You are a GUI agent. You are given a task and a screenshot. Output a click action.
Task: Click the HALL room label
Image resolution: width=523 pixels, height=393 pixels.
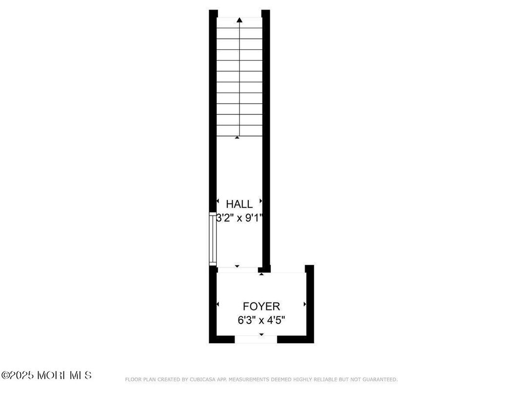tap(239, 204)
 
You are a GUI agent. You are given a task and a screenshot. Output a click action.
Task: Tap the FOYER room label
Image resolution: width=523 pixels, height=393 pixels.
tap(261, 306)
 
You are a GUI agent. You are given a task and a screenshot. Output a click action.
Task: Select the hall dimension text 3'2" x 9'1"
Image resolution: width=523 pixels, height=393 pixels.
tap(239, 218)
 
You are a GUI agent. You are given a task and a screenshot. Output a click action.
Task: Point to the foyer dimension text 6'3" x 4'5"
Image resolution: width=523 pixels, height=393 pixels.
tap(261, 320)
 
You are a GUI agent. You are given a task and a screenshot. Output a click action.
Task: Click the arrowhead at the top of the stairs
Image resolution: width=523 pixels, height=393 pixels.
tap(239, 20)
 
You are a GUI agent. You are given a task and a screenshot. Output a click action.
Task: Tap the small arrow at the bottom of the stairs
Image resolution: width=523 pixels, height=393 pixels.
tap(237, 137)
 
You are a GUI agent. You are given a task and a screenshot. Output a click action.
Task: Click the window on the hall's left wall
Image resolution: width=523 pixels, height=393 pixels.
tap(213, 239)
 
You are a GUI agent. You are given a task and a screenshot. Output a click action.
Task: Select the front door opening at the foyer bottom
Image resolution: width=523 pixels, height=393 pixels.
tap(256, 339)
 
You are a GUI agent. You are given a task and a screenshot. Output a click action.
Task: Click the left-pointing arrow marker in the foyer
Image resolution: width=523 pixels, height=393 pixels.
tap(218, 305)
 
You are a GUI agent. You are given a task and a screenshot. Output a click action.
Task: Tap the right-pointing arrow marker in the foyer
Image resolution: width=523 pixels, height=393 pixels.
tap(305, 304)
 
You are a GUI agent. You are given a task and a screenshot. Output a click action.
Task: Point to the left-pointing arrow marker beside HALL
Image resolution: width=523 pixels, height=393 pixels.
tap(218, 201)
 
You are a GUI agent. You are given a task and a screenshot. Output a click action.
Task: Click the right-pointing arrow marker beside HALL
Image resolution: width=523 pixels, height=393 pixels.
tap(261, 201)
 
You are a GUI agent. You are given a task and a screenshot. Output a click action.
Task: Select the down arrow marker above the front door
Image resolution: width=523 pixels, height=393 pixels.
tap(261, 334)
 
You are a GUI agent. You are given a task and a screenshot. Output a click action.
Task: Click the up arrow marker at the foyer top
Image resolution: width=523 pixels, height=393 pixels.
tap(261, 274)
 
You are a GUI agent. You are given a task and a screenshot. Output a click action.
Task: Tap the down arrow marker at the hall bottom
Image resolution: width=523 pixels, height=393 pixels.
tap(237, 266)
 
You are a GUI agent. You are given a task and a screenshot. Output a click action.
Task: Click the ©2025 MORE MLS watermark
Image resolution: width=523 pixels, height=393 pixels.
tap(46, 375)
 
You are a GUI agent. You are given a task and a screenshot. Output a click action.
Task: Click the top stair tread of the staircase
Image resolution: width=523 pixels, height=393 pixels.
tap(239, 22)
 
